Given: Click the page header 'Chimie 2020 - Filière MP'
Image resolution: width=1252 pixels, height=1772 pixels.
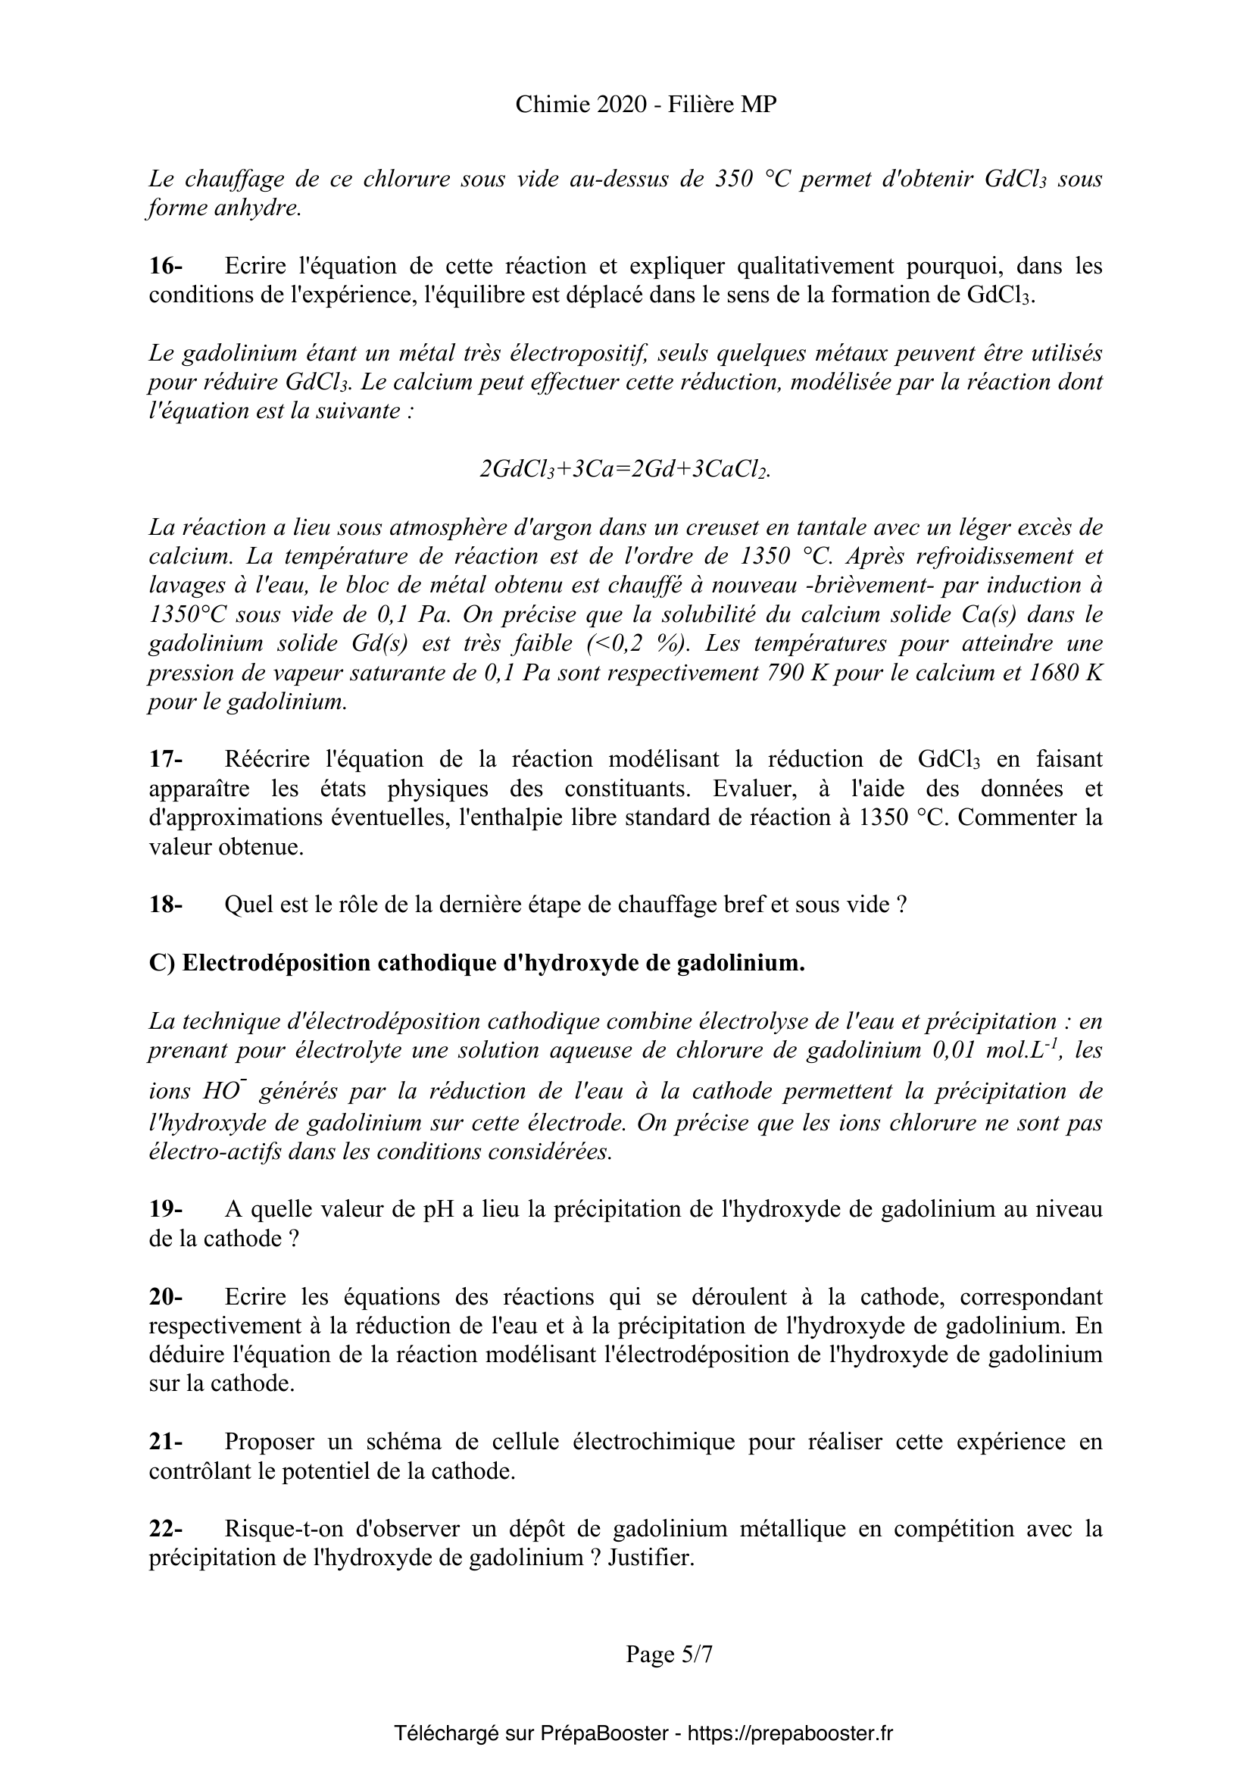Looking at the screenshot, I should coord(645,105).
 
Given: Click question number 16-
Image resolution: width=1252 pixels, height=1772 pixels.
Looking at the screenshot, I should coord(165,266).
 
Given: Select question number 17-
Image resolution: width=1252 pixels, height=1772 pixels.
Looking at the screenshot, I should coord(165,759).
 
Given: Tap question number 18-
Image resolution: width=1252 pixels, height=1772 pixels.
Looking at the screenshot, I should coord(165,905).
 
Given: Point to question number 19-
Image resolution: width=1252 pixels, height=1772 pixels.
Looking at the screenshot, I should coord(165,1209).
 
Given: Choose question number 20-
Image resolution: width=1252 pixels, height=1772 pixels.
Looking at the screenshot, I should coord(165,1296).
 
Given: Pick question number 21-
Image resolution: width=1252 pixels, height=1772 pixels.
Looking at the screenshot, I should coord(165,1442).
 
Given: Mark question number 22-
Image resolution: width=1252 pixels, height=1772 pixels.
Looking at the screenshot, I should coord(165,1529).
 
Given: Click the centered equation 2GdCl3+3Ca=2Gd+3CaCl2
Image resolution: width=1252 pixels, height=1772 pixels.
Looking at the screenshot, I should coord(625,469).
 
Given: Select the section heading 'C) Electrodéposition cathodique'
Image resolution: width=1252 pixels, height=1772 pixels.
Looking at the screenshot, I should coord(476,963).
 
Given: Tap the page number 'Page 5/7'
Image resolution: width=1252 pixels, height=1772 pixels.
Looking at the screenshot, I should coord(669,1654).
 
